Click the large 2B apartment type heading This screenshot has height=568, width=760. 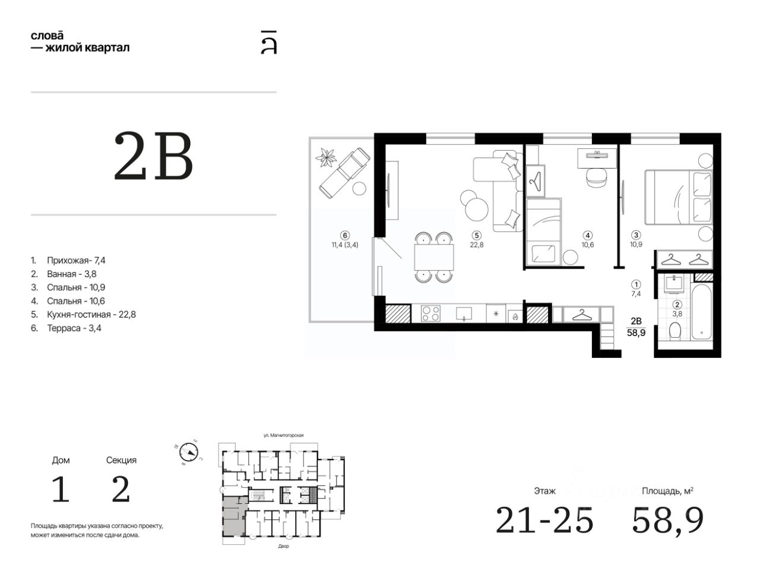point(153,156)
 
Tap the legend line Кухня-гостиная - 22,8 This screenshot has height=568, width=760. point(83,315)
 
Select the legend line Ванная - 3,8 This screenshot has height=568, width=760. point(64,274)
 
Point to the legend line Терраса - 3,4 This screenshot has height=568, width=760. point(66,328)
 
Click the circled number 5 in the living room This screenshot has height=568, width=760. point(476,236)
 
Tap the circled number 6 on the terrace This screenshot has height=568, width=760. point(345,236)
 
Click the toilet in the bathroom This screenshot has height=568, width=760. point(675,331)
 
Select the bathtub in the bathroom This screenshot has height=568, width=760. point(701,312)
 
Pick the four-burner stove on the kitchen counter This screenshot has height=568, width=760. point(430,314)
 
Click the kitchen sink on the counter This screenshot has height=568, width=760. point(464,313)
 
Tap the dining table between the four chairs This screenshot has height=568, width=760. point(434,258)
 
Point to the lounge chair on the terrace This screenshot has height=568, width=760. point(344,173)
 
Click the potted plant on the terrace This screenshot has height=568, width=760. point(326,158)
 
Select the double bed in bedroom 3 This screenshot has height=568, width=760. point(678,197)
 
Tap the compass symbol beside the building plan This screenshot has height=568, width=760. point(189,453)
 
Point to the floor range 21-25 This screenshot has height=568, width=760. point(544,521)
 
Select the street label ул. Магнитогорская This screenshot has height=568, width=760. point(284,435)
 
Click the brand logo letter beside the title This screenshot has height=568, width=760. point(269,43)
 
